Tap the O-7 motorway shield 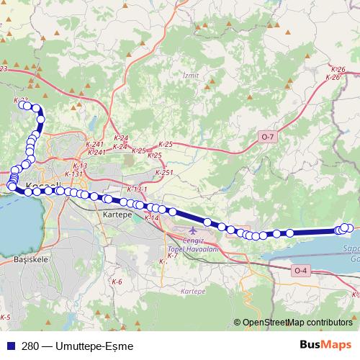(x=268, y=137)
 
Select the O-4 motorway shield (x=300, y=270)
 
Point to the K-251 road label (x=165, y=173)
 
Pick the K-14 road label (x=151, y=217)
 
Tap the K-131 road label (x=73, y=174)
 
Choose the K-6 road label (x=117, y=282)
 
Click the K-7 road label (x=172, y=256)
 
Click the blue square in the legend (x=9, y=344)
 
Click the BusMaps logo (x=325, y=344)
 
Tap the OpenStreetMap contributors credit (x=297, y=323)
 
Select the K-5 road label (x=5, y=317)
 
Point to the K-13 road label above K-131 (x=80, y=166)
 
